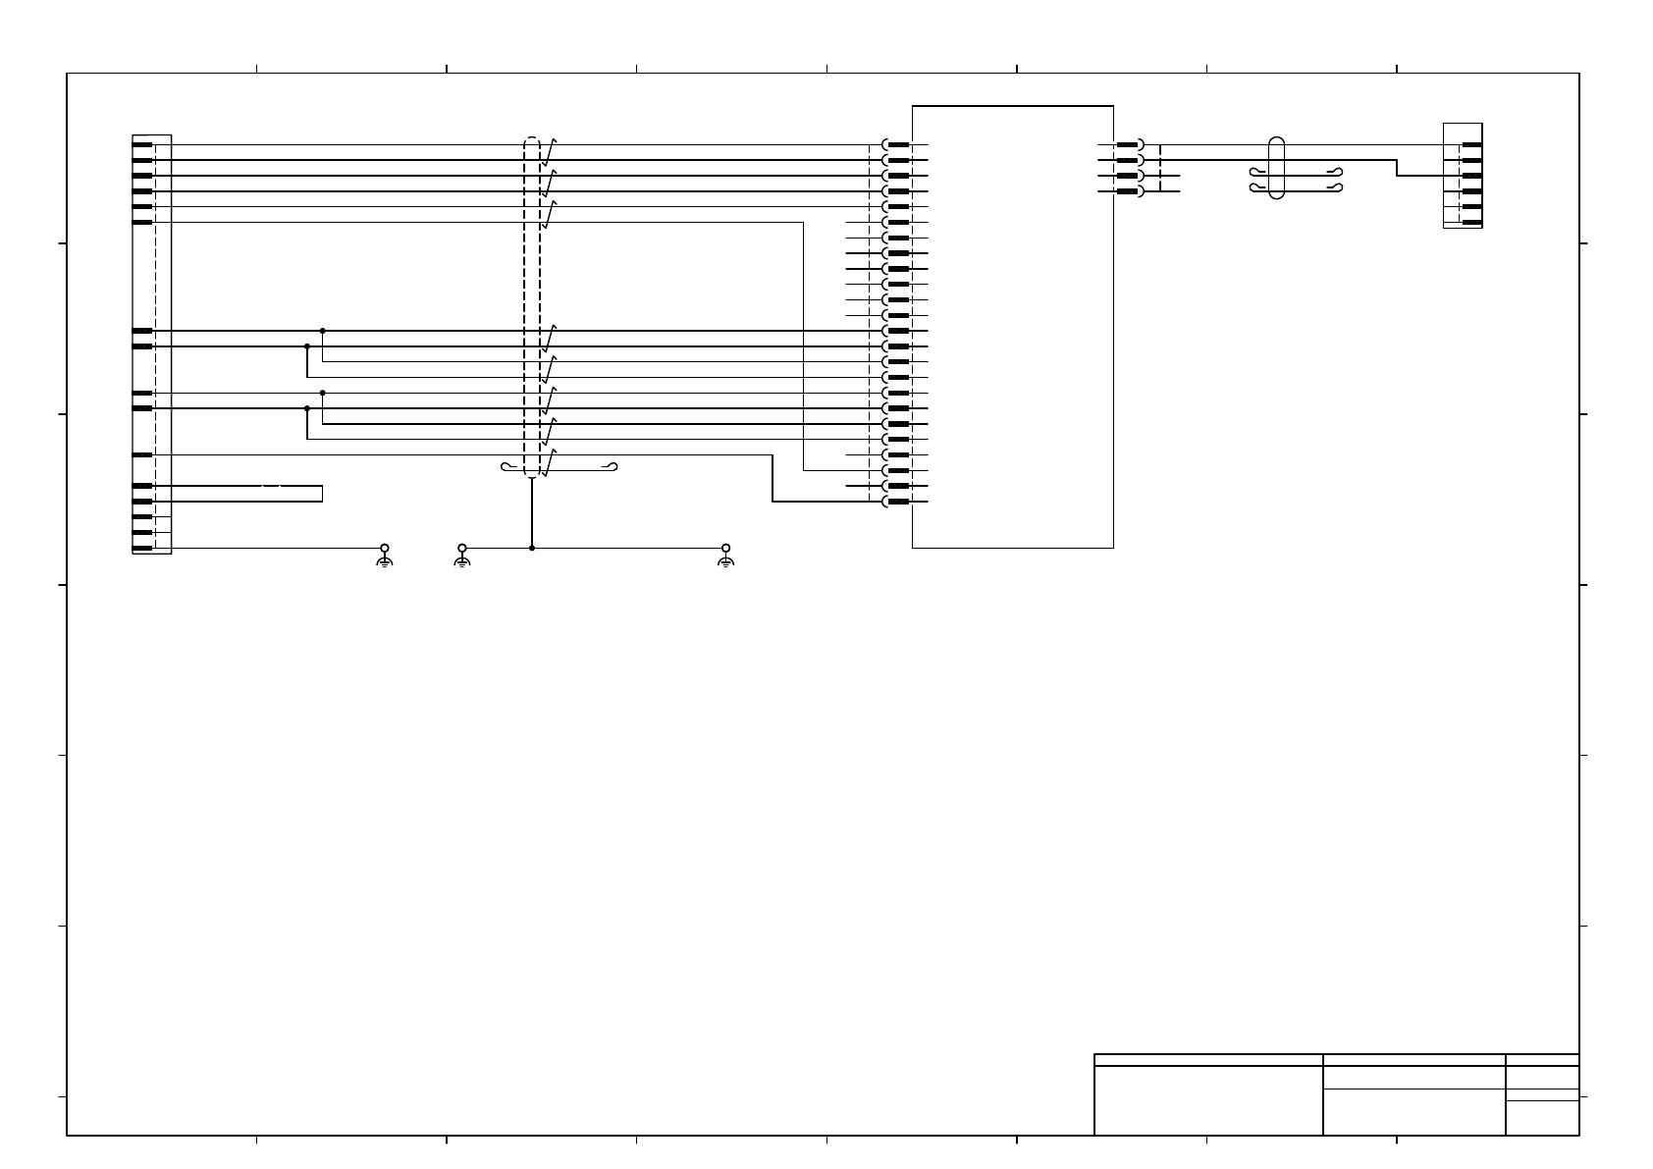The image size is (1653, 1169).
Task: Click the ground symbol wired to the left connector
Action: pyautogui.click(x=385, y=557)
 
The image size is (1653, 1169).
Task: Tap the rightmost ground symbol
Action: pyautogui.click(x=725, y=557)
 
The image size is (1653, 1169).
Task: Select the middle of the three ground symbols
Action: pyautogui.click(x=462, y=557)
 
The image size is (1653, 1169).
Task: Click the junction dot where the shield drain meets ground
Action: pyautogui.click(x=532, y=548)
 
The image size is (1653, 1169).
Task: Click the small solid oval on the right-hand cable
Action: pyautogui.click(x=1276, y=168)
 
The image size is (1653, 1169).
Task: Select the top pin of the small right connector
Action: pyautogui.click(x=1471, y=145)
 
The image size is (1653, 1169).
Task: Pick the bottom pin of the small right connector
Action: pyautogui.click(x=1471, y=223)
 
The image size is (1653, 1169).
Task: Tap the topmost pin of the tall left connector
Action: pyautogui.click(x=142, y=145)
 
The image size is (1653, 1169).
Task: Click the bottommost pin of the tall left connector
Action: pyautogui.click(x=142, y=548)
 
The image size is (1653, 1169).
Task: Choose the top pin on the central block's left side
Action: pyautogui.click(x=898, y=145)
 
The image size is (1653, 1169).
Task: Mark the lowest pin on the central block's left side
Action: pyautogui.click(x=898, y=502)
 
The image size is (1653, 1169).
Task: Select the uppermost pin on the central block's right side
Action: pyautogui.click(x=1127, y=145)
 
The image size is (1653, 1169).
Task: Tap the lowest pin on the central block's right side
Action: pyautogui.click(x=1127, y=191)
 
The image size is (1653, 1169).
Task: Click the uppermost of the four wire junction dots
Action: pyautogui.click(x=323, y=331)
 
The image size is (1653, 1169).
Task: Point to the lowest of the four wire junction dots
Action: pyautogui.click(x=307, y=408)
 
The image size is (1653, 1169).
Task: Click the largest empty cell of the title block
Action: pyautogui.click(x=1208, y=1100)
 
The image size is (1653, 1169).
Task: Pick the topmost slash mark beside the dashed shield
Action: pyautogui.click(x=552, y=151)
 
